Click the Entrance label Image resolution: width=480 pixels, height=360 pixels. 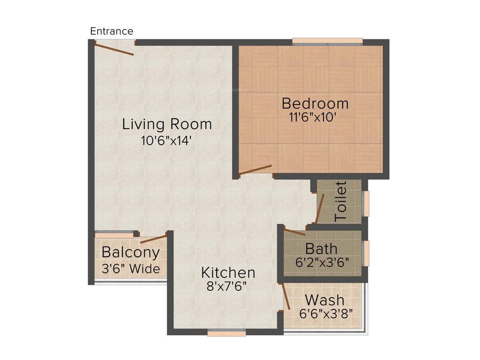click(112, 31)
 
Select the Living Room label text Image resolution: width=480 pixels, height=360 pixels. click(167, 124)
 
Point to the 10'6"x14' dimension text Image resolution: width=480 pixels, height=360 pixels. click(167, 141)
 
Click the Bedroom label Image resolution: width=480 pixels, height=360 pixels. click(315, 103)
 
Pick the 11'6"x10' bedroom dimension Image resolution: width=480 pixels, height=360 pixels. click(313, 117)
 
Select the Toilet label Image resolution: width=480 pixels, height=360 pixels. click(341, 202)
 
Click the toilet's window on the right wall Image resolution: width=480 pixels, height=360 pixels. click(366, 203)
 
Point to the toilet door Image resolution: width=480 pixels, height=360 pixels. click(320, 208)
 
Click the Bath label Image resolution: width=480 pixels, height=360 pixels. click(321, 248)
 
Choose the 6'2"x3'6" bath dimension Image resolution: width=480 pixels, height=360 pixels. click(322, 262)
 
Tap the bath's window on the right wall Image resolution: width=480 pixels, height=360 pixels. click(366, 253)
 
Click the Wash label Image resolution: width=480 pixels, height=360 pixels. click(324, 300)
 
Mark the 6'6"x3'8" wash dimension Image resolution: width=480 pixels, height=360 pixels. click(326, 313)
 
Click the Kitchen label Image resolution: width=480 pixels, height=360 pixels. click(228, 272)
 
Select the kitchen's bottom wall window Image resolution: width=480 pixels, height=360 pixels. click(226, 333)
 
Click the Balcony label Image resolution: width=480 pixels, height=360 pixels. click(131, 253)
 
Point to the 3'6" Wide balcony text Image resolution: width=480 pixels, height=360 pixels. click(131, 269)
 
